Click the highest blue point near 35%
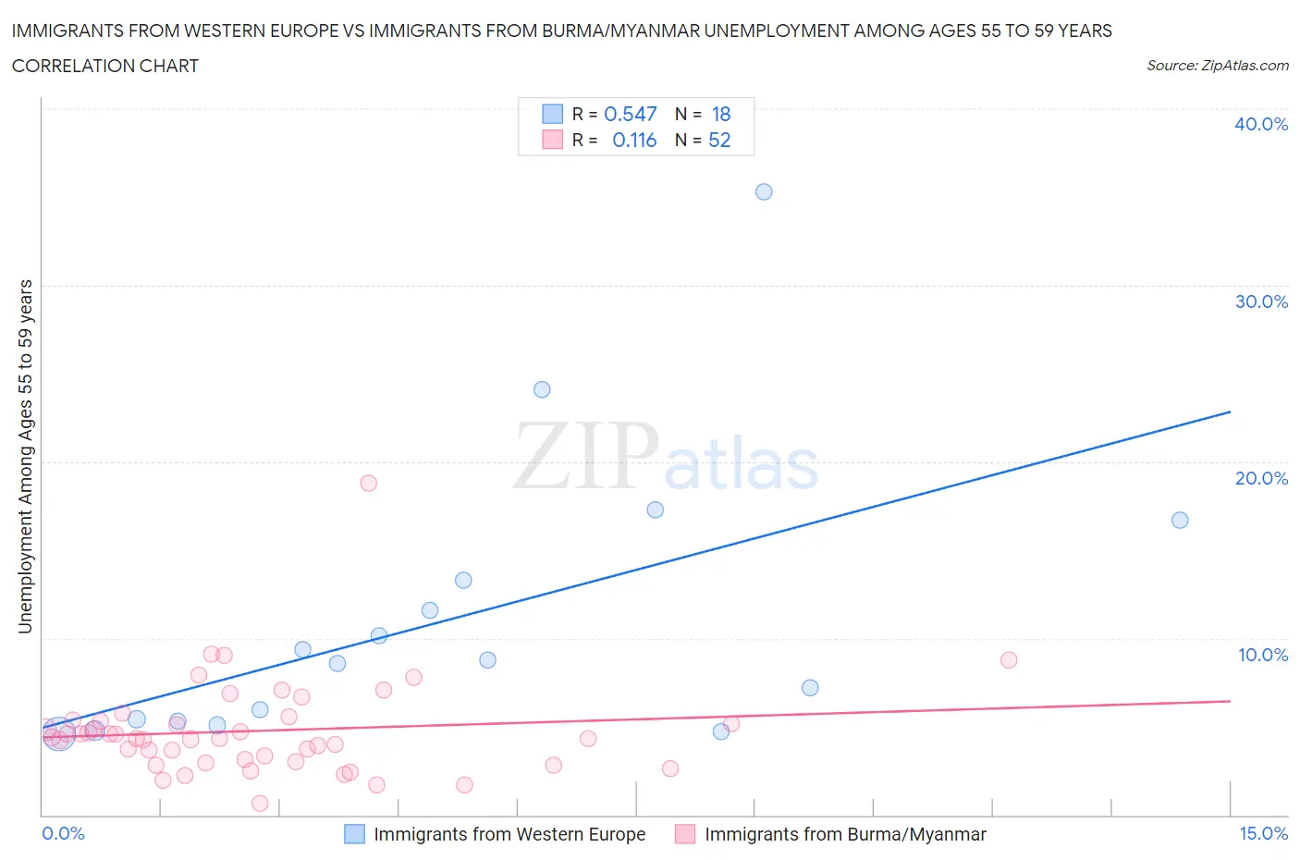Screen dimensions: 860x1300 (x=764, y=192)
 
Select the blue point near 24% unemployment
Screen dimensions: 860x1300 (x=542, y=390)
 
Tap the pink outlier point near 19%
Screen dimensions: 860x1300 (x=369, y=483)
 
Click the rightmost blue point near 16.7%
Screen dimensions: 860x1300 (x=1180, y=521)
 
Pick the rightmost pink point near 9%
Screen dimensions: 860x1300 (x=1009, y=660)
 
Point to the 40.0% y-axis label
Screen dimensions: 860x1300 (x=1261, y=124)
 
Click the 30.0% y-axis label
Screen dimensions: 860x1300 (x=1261, y=301)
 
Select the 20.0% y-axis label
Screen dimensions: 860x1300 (x=1261, y=478)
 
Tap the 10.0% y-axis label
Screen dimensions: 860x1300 (x=1262, y=655)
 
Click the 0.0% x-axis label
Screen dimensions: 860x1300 (x=63, y=833)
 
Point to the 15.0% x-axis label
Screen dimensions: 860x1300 (x=1263, y=833)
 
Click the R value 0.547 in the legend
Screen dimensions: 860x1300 (x=630, y=114)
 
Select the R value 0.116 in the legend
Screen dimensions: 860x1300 (x=634, y=140)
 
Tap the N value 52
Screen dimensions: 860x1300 (x=719, y=140)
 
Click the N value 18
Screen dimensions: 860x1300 (x=721, y=114)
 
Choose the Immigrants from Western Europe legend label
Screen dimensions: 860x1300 (x=509, y=834)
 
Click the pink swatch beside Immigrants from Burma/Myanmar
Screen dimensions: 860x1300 (x=685, y=834)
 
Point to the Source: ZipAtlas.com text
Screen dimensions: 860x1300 (x=1217, y=66)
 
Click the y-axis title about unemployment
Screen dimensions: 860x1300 (x=26, y=457)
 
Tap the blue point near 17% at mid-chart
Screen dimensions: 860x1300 (x=656, y=510)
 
